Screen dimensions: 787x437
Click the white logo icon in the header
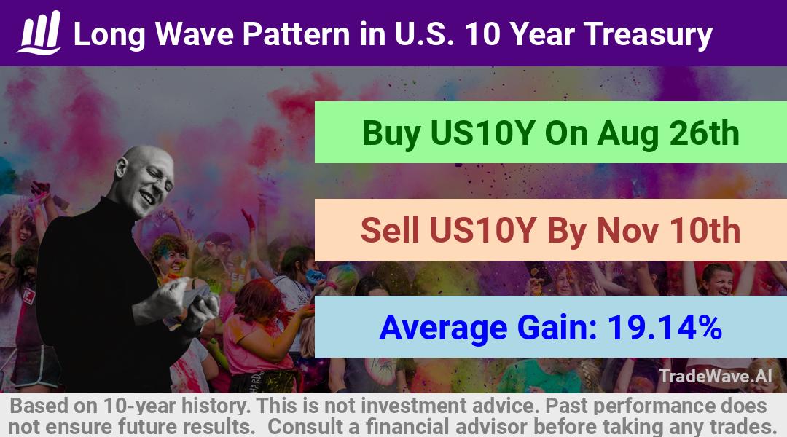pyautogui.click(x=39, y=33)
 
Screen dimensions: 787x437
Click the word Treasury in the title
pyautogui.click(x=648, y=35)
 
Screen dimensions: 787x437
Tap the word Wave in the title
pyautogui.click(x=195, y=34)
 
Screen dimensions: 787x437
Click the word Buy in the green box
pyautogui.click(x=391, y=133)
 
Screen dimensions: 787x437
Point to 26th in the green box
pyautogui.click(x=705, y=133)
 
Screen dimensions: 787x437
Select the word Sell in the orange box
pyautogui.click(x=390, y=230)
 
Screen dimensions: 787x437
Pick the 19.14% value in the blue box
pyautogui.click(x=665, y=327)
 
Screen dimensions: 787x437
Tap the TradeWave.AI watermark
pyautogui.click(x=716, y=376)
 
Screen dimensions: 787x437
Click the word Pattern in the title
pyautogui.click(x=297, y=34)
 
